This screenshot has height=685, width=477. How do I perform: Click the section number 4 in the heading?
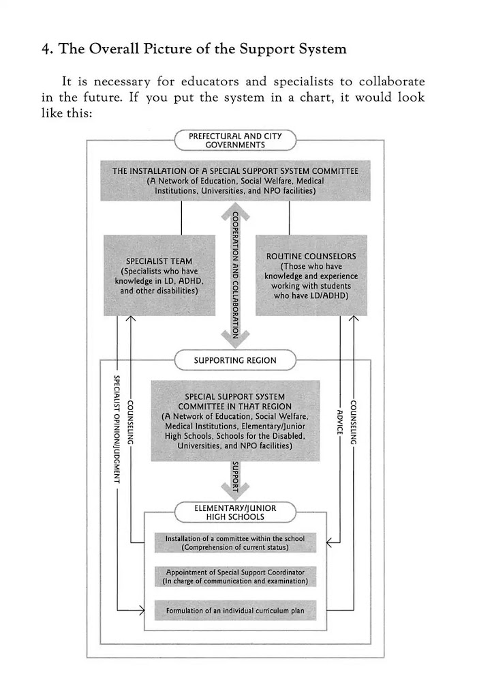point(46,49)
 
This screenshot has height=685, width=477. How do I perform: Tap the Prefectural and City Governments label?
point(235,140)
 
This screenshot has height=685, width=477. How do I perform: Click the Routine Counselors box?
point(310,275)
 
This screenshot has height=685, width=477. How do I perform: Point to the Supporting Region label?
point(235,360)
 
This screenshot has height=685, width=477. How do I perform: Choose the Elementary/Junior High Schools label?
point(235,512)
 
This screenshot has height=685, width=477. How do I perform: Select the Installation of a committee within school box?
point(235,543)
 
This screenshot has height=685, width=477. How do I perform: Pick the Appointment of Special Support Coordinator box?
point(235,577)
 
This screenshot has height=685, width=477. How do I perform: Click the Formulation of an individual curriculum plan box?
point(235,611)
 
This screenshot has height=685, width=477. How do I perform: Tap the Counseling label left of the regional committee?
point(130,423)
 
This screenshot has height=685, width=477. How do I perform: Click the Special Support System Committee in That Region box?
point(235,421)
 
